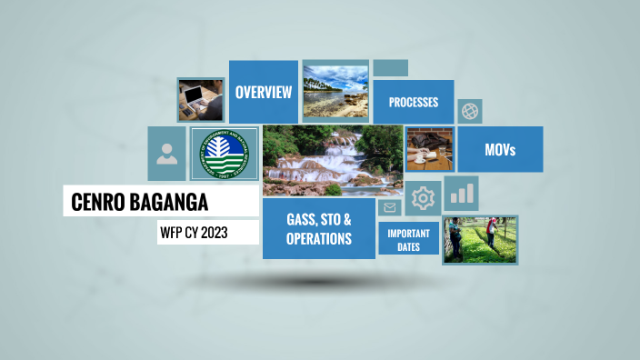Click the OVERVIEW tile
(x=264, y=92)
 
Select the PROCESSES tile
(x=414, y=102)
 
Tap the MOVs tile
(x=500, y=150)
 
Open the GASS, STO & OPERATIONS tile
(x=318, y=229)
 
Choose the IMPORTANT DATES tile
(x=409, y=239)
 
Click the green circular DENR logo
(x=224, y=154)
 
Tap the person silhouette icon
(x=166, y=153)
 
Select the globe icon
(x=470, y=112)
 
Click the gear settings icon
(x=423, y=198)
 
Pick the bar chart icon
(x=462, y=193)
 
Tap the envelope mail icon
(x=390, y=208)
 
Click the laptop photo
(x=200, y=99)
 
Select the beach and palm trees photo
(x=335, y=91)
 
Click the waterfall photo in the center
(x=333, y=161)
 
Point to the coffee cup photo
(x=429, y=149)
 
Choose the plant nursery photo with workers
(x=480, y=239)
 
